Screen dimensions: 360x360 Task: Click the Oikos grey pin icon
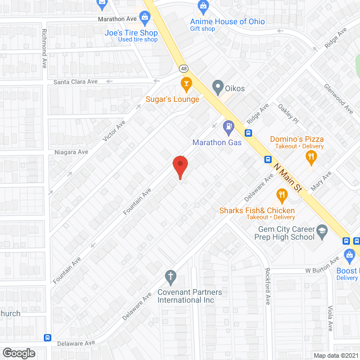218,87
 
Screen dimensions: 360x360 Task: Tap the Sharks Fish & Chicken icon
281,196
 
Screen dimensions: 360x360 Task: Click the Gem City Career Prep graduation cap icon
322,231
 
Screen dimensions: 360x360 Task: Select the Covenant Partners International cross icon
170,276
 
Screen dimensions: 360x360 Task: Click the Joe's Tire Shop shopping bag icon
145,17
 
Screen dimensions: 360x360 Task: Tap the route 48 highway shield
184,69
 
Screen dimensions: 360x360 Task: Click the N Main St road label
289,175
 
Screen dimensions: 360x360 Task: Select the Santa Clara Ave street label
75,82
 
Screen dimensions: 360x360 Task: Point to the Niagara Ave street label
71,152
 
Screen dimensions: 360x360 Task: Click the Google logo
19,353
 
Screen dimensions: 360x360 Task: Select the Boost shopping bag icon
349,255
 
